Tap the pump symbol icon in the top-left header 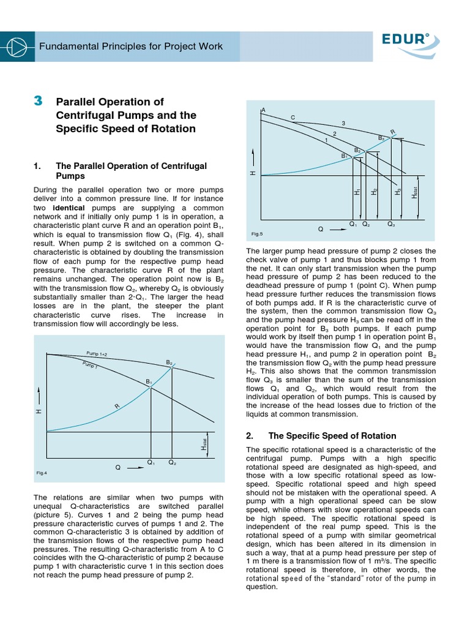17,47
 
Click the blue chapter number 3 38,101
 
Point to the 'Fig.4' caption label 42,473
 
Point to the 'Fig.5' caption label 256,234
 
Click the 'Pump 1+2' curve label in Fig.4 97,355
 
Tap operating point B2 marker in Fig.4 173,367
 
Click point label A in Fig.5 263,110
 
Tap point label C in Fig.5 293,117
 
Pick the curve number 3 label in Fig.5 343,124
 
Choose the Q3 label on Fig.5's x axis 391,224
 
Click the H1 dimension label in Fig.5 357,192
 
